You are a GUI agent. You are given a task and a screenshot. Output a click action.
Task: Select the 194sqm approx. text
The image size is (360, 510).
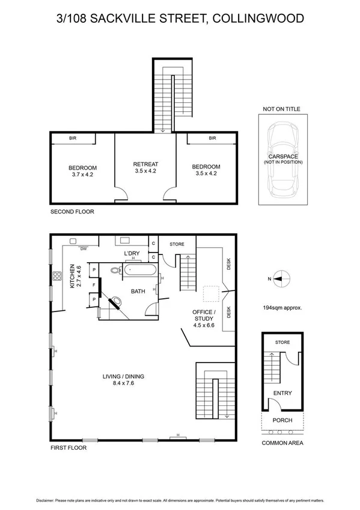pos(281,307)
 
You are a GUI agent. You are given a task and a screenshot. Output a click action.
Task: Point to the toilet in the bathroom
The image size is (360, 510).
pos(118,271)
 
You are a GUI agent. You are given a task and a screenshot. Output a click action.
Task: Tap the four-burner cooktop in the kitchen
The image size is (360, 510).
pos(58,277)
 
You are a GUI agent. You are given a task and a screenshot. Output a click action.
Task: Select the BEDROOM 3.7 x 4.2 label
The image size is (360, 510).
pos(82,171)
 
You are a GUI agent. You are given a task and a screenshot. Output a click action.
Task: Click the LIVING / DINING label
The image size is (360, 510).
pos(123,380)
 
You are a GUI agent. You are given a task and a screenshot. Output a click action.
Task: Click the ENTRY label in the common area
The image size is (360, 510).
pos(282,393)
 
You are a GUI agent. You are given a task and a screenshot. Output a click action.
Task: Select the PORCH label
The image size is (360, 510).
pos(282,420)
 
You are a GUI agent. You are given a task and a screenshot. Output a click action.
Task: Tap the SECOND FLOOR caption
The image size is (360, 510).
pos(72,212)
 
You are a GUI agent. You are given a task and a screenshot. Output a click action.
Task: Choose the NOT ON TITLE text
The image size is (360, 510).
pos(281,109)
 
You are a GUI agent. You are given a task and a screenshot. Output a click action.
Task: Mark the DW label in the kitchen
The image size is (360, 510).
pos(84,248)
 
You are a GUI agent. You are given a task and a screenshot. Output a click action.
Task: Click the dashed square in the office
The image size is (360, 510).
pos(211,293)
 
